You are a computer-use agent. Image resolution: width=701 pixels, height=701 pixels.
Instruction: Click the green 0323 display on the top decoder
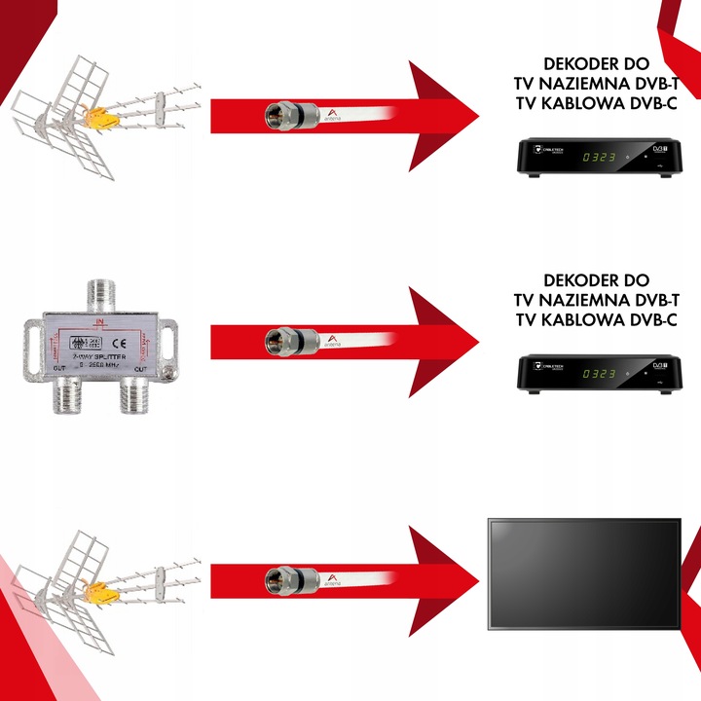click(x=598, y=156)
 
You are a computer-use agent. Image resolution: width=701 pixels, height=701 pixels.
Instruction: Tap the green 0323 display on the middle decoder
click(x=598, y=372)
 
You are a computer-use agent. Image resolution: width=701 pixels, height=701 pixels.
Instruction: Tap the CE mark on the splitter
click(x=116, y=342)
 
